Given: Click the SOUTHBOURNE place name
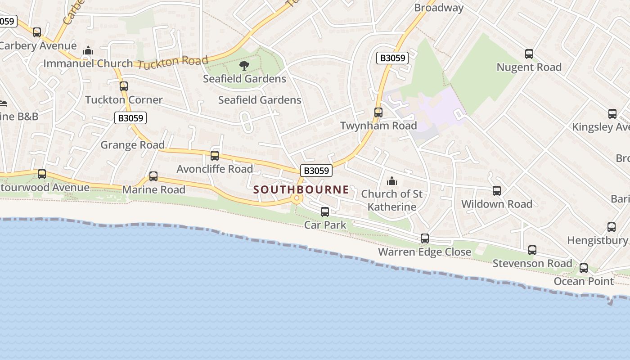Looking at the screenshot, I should coord(301,189).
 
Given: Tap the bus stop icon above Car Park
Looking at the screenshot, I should coord(325,211).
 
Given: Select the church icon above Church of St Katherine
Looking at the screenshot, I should coord(392,181).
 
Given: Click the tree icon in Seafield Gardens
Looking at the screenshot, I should coord(244,66).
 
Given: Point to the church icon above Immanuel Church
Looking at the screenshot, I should coord(88,50).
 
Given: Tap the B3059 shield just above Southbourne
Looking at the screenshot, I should coord(316,171).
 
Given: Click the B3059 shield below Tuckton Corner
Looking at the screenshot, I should coord(130,118).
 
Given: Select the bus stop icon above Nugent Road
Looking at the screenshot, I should coord(529,54).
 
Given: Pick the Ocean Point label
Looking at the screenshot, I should coord(584,281).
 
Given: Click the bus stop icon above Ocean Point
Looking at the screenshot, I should coord(584,268).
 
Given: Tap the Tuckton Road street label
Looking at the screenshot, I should coord(173,63).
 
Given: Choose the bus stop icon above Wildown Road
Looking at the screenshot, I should coord(497,191).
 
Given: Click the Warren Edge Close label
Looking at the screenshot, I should coord(424,252).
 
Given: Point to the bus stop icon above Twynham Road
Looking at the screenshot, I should coord(378,112).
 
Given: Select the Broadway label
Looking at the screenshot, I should coord(439,8).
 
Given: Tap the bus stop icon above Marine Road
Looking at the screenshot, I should coord(153,176).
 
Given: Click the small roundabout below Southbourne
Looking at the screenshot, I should coord(296,198).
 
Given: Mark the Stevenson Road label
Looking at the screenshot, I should coord(532,263).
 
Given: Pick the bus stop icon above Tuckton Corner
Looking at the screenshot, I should coord(124,86).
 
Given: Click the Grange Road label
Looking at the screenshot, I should coord(132,145).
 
